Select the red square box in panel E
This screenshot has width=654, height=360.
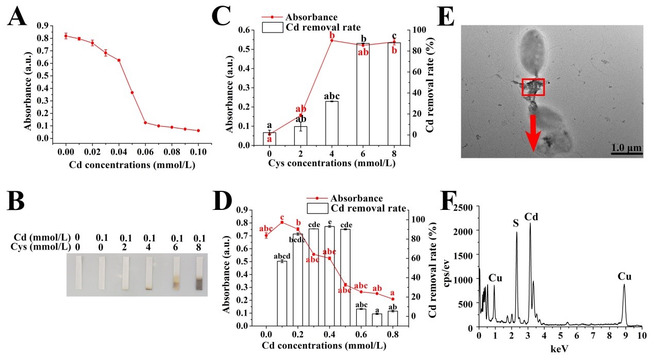[x=533, y=87]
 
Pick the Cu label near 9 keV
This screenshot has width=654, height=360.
[x=624, y=276]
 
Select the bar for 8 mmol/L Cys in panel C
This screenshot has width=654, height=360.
[x=394, y=93]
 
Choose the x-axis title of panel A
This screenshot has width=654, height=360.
[x=125, y=165]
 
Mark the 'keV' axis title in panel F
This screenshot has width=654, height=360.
[x=559, y=349]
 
